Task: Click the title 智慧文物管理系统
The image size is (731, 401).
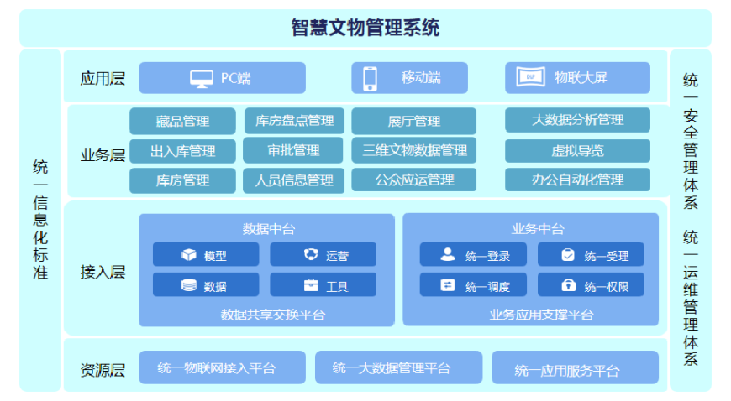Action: tap(365, 28)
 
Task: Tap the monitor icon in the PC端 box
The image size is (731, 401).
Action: tap(202, 79)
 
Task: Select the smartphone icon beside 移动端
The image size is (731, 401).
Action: tap(371, 78)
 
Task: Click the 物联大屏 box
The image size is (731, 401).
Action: tap(577, 78)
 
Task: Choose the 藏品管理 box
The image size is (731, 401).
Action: tap(182, 121)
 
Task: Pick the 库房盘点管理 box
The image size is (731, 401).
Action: tap(294, 121)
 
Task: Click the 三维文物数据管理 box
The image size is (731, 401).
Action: tap(414, 150)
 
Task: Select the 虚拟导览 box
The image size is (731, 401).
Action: tap(577, 151)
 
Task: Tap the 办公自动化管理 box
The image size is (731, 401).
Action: tap(577, 180)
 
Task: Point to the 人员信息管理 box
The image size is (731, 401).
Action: tap(294, 180)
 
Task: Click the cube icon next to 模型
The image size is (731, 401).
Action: tap(189, 254)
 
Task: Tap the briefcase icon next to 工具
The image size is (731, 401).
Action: tap(311, 284)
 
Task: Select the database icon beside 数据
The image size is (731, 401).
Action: tap(189, 285)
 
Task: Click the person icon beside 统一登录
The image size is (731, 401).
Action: tap(448, 254)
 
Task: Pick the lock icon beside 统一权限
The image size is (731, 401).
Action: tap(568, 284)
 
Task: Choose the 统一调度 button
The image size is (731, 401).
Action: tap(473, 284)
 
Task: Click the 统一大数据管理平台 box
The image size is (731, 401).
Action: tap(398, 367)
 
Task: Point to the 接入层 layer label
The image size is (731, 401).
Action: tap(103, 272)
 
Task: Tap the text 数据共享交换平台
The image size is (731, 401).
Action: tap(273, 315)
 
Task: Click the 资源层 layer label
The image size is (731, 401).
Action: tap(103, 370)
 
